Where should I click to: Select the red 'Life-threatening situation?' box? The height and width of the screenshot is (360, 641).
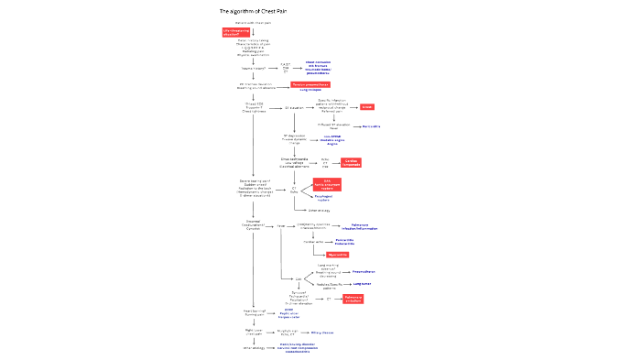pos(235,32)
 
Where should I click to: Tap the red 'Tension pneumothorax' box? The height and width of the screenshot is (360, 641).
pos(310,84)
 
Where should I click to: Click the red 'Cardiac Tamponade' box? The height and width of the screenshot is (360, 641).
pos(352,162)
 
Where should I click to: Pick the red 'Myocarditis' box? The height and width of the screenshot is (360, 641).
pos(325,255)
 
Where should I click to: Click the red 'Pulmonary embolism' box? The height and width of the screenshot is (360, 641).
pos(353,300)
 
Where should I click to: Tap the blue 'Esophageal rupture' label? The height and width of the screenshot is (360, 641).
pos(329,197)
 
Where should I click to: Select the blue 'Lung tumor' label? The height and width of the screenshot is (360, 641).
pos(364,284)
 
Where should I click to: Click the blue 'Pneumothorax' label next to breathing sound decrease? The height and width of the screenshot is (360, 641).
pos(365,271)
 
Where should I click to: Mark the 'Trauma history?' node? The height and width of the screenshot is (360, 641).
pos(254,67)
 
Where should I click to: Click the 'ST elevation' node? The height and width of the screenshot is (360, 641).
pos(294,107)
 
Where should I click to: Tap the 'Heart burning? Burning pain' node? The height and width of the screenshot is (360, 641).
pos(254,312)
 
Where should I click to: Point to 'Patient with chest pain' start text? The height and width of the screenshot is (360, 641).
pos(254,22)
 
